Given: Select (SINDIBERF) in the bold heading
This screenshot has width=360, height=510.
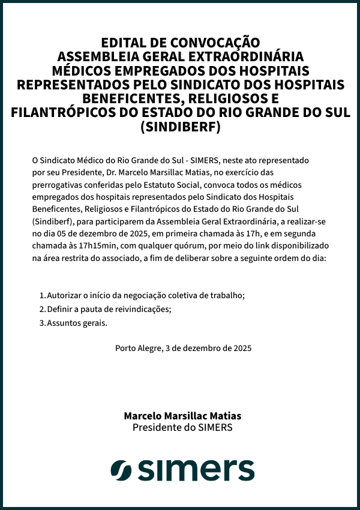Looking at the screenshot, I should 180,127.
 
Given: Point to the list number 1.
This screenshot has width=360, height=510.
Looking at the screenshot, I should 42,295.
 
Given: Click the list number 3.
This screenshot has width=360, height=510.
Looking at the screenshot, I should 42,323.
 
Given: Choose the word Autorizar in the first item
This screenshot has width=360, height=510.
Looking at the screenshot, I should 64,295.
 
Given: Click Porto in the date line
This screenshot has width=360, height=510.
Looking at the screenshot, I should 125,348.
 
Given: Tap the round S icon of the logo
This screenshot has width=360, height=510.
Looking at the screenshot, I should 121,470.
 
